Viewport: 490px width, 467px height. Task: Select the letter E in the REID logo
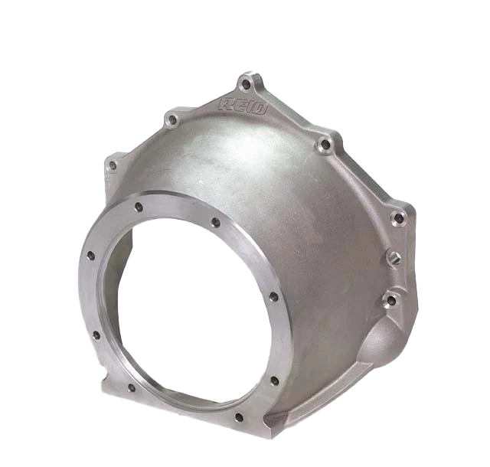(237, 103)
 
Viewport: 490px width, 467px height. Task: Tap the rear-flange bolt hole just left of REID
(173, 119)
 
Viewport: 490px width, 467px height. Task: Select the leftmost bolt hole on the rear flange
(113, 165)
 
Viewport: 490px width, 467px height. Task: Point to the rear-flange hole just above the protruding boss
(397, 219)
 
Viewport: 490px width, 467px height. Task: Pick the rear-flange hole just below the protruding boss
(391, 300)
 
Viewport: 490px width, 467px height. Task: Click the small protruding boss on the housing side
(392, 256)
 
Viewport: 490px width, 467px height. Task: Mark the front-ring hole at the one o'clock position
(216, 222)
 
